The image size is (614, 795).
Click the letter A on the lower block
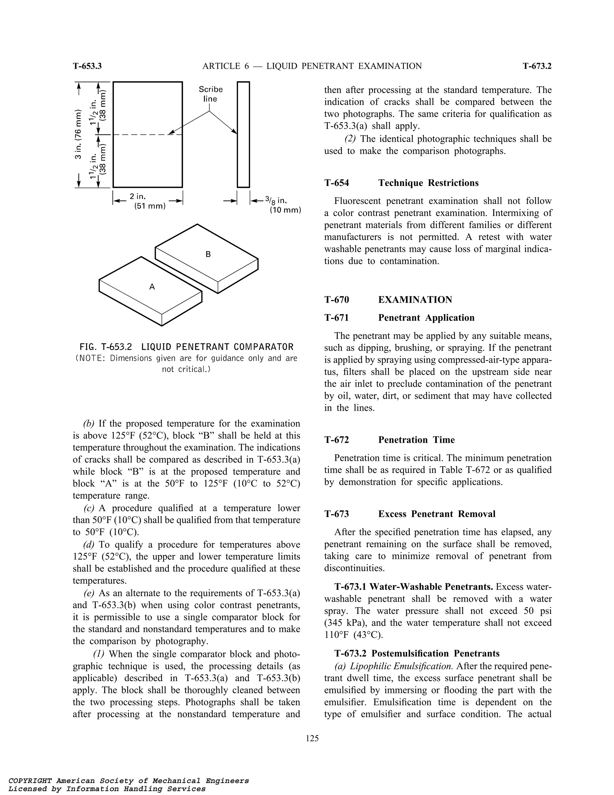152,287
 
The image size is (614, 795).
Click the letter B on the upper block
208,254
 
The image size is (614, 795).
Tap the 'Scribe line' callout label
210,94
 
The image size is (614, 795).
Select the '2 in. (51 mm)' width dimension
147,201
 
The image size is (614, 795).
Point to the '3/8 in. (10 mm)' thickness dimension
285,205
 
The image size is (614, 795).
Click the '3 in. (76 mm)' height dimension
77,134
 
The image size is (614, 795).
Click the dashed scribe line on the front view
142,135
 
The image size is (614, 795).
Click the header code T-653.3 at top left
87,66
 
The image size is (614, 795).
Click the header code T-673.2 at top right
537,66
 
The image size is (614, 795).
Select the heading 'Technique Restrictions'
428,183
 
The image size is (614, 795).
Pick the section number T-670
336,300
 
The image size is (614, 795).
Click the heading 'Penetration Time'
416,440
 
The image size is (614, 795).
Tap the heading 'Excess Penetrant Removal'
437,514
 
